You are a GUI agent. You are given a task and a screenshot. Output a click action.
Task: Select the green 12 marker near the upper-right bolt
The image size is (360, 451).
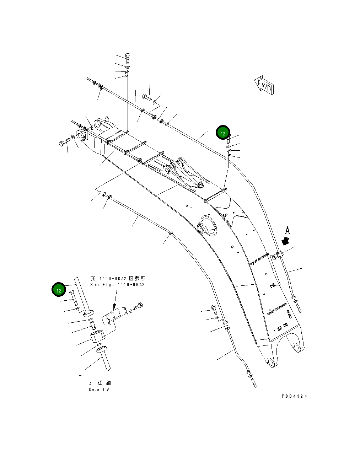coord(223,133)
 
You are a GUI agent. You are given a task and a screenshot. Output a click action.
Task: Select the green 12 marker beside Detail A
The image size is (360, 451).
coord(59,290)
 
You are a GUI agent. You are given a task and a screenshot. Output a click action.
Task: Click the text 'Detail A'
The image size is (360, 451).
coord(99,390)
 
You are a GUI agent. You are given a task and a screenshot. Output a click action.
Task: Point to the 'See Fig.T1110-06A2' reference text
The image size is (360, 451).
coord(117,284)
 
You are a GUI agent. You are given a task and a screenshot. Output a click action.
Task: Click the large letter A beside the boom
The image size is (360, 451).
coord(288,231)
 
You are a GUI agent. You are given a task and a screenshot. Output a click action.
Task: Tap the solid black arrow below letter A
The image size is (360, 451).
coord(285,241)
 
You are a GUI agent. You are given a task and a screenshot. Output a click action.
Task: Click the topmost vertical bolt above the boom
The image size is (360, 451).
coord(128,57)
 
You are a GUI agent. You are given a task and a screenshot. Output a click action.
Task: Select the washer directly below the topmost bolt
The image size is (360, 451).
coord(128,67)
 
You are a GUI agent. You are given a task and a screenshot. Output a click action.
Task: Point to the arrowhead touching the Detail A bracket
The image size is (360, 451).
coord(114,307)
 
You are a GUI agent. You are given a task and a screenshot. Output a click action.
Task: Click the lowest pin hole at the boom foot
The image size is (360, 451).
coord(271,363)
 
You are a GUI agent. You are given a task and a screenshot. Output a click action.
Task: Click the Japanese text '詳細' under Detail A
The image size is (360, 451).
coord(104,383)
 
